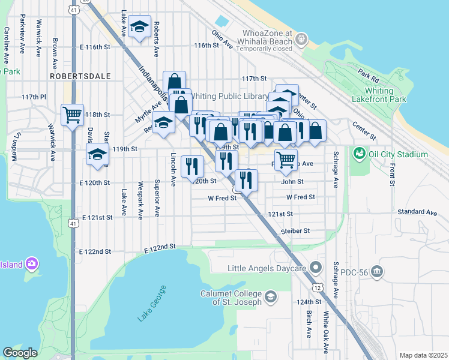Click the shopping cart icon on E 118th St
[x=72, y=114]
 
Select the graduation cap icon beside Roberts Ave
[x=139, y=28]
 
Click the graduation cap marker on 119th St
[x=97, y=154]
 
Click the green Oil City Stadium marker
[x=360, y=153]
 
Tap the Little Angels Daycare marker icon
[x=318, y=268]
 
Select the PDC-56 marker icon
[x=376, y=272]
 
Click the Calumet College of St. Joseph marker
[x=270, y=296]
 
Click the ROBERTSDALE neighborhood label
[x=72, y=77]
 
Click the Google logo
[x=20, y=353]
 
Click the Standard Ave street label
[x=417, y=212]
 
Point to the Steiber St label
[x=295, y=231]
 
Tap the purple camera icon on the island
[x=32, y=264]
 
